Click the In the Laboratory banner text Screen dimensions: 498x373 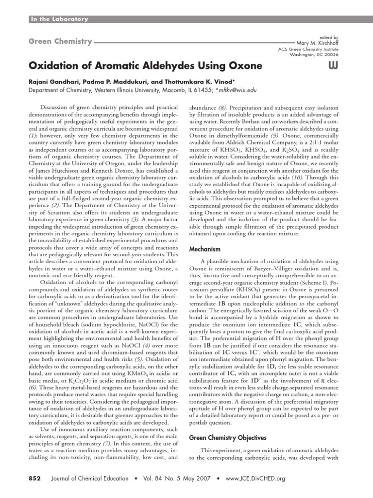(x=59, y=19)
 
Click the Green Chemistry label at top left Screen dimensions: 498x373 (x=59, y=42)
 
